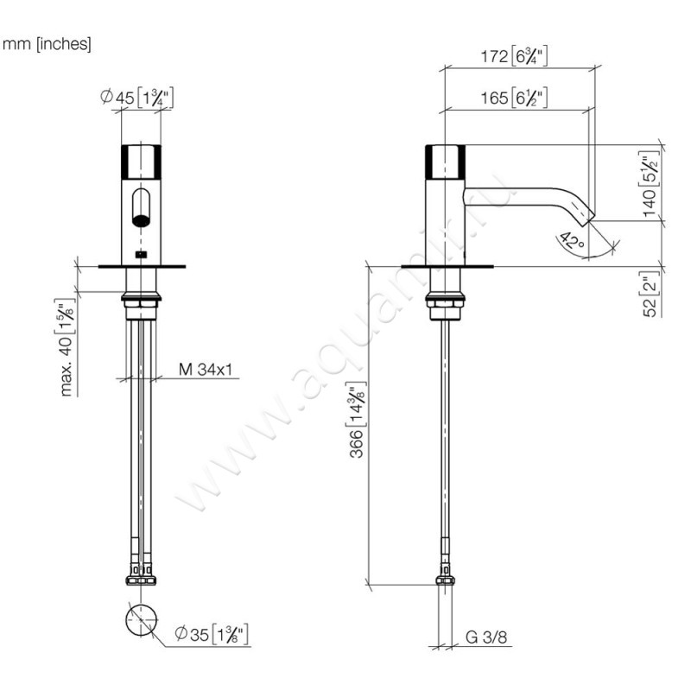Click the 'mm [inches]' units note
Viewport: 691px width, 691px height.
coord(48,44)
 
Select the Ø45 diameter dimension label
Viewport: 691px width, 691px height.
coord(137,98)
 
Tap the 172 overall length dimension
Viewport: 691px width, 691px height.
coord(515,57)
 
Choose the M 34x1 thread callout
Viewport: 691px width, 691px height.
coord(208,370)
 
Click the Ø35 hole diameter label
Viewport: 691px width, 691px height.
coord(212,635)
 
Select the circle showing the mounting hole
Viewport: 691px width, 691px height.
coord(141,620)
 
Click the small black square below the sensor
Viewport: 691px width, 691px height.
coord(141,255)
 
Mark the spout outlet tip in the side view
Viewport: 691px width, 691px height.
coord(587,217)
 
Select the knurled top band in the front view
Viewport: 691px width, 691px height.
coord(141,162)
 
